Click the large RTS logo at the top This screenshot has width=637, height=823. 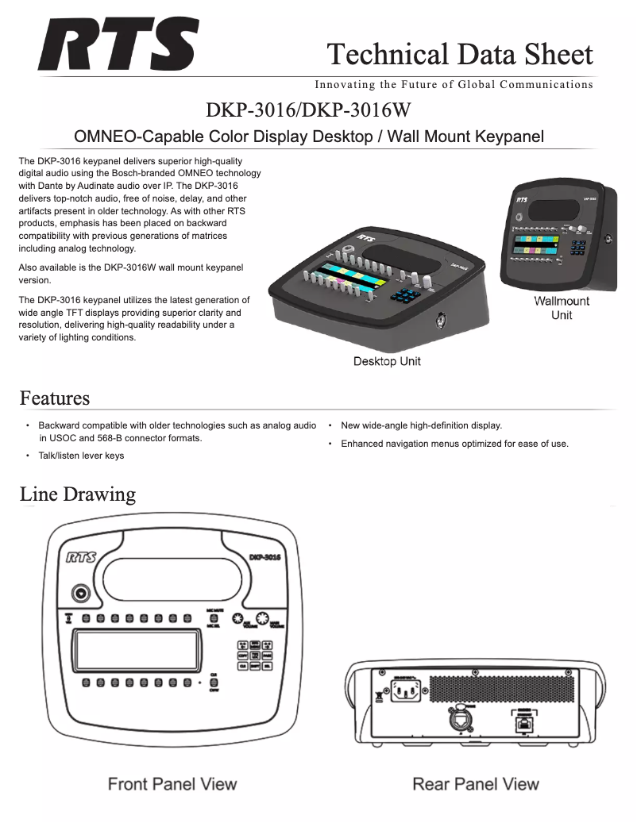(118, 45)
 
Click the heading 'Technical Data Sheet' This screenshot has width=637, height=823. (460, 54)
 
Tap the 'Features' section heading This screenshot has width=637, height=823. (55, 397)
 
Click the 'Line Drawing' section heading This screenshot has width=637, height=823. (78, 494)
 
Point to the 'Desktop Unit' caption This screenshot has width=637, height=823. (387, 362)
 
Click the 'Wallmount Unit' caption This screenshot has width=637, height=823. (562, 308)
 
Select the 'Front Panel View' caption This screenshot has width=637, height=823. (172, 784)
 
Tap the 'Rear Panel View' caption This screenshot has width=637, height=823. (476, 784)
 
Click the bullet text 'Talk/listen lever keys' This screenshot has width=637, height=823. (81, 456)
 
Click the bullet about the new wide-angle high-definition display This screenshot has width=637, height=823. (421, 425)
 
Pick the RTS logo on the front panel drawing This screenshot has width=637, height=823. (81, 558)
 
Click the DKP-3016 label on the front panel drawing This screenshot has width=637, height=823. (264, 558)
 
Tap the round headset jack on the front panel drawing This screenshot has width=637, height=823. (80, 593)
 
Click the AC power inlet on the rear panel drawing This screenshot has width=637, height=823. (403, 692)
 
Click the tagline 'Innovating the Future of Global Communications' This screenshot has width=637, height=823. (454, 84)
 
